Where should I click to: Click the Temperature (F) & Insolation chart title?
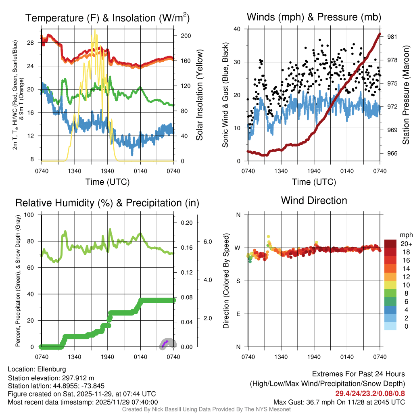(107, 18)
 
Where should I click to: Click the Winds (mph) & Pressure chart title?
(314, 17)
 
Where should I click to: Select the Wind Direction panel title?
(314, 200)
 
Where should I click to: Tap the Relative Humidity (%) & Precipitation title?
(107, 203)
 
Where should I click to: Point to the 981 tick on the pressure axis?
(392, 37)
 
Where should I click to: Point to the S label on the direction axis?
(238, 281)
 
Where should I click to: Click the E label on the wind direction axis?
(238, 314)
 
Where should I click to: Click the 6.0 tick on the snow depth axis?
(207, 242)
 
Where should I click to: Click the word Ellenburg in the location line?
(52, 369)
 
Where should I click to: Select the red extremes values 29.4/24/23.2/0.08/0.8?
(370, 393)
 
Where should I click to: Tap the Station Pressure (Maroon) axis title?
(406, 94)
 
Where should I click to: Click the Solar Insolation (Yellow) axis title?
(199, 95)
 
